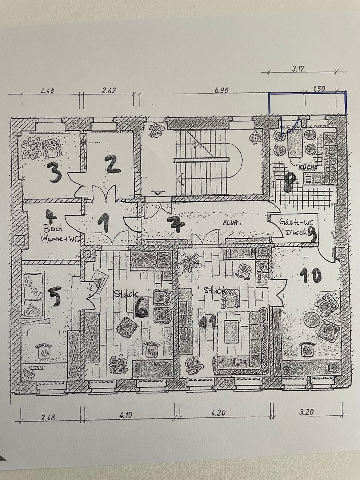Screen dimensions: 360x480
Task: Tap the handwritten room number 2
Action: click(113, 164)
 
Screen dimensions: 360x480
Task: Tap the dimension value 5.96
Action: click(220, 91)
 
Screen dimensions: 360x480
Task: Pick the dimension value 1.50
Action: click(319, 89)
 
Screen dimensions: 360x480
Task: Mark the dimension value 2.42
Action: click(109, 91)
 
